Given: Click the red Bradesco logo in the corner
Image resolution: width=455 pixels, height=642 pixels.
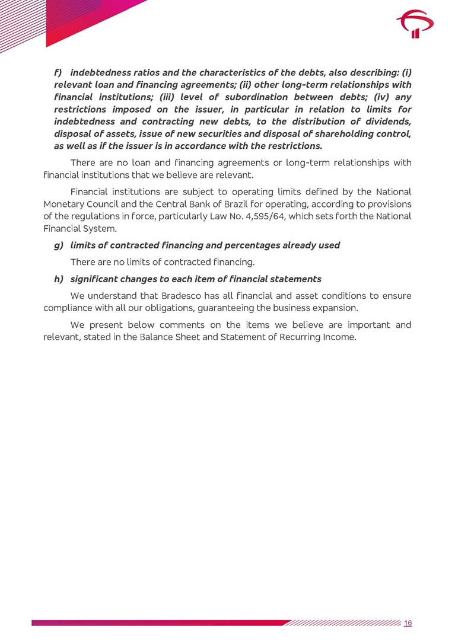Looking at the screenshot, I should pos(415,25).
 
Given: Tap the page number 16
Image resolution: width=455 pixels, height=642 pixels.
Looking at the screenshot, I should pos(408,622).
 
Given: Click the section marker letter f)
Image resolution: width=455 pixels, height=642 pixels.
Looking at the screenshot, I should pos(58,73).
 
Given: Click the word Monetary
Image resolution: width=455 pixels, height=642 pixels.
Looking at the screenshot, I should pos(63,204).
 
